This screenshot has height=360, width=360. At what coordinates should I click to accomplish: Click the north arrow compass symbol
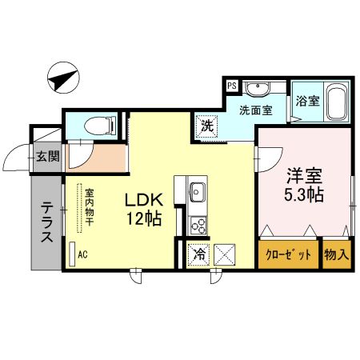click(x=62, y=78)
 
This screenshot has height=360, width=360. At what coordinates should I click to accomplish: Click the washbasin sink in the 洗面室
click(x=258, y=89)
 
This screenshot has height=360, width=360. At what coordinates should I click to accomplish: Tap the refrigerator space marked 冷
click(x=198, y=256)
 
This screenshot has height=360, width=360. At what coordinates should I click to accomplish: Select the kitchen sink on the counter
click(x=198, y=191)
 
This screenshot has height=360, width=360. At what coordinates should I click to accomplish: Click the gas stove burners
click(x=197, y=225)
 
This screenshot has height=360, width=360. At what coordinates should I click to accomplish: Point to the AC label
click(x=82, y=254)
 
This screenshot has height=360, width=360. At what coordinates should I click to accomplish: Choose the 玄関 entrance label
click(x=47, y=156)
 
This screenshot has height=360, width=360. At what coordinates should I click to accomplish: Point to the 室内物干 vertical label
click(x=90, y=206)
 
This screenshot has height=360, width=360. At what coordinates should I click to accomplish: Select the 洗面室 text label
click(x=254, y=111)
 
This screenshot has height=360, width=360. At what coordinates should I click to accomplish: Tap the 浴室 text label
click(x=307, y=102)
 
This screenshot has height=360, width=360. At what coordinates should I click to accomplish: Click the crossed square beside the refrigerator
click(x=225, y=256)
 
